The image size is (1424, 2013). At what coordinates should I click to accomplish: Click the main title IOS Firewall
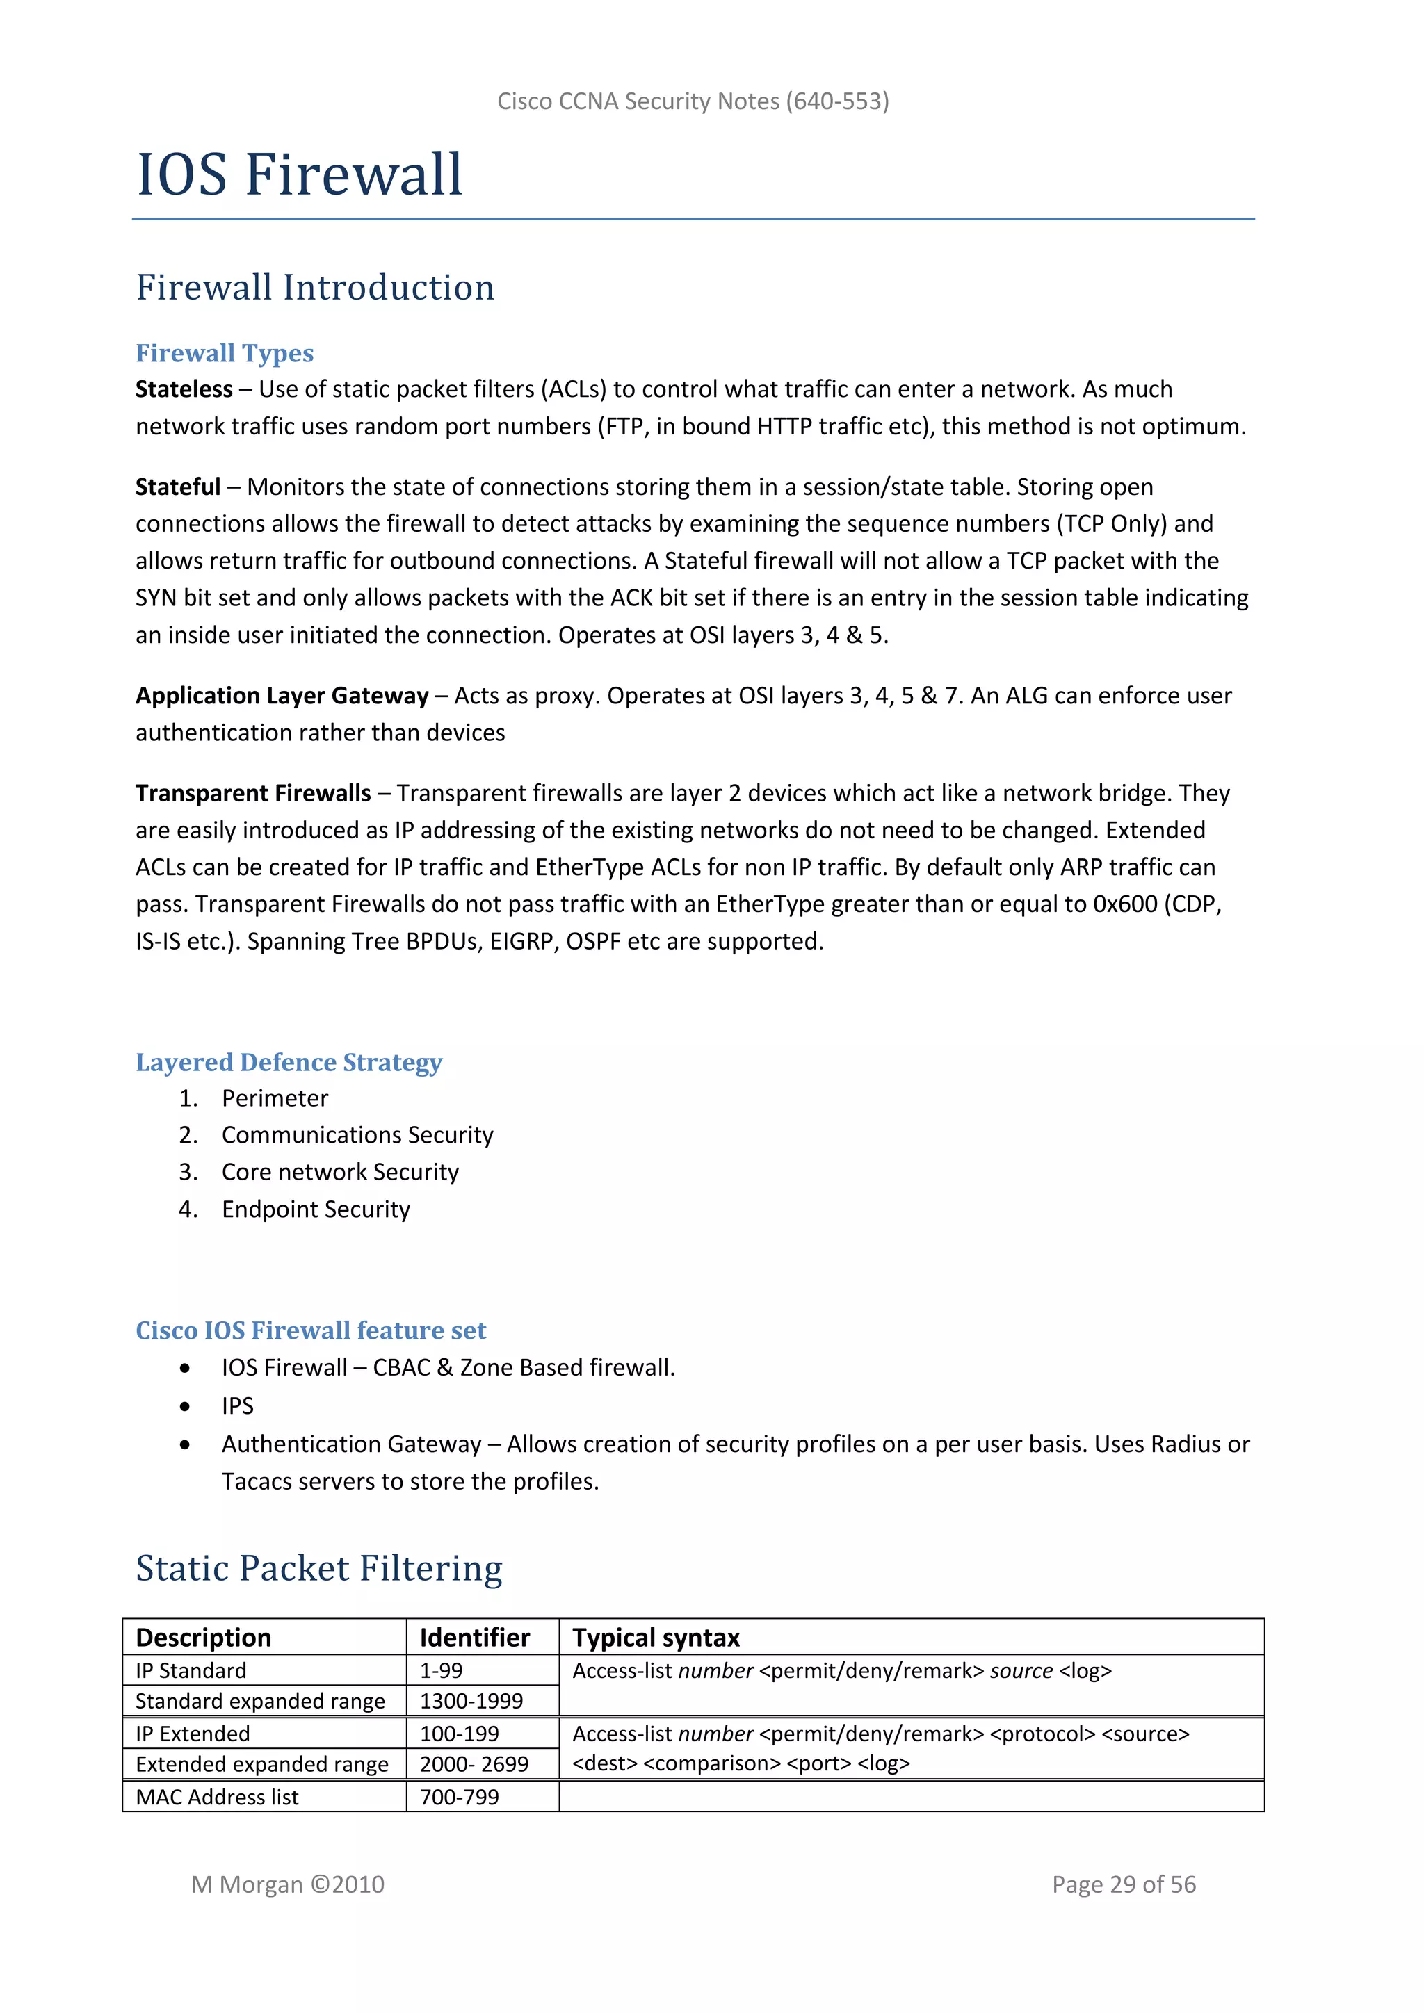(299, 174)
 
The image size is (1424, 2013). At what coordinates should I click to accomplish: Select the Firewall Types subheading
(225, 353)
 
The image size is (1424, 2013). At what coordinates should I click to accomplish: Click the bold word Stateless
(184, 389)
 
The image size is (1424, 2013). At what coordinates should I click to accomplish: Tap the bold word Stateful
(178, 487)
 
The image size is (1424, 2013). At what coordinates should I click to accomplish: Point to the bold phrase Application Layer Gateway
(282, 696)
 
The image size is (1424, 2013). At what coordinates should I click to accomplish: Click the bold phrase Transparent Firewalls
(252, 793)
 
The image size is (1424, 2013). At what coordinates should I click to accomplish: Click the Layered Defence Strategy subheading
(289, 1063)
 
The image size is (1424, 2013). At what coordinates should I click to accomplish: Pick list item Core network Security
(340, 1173)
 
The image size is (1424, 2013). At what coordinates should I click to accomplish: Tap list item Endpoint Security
(316, 1210)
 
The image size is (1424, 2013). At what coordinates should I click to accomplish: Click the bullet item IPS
(238, 1406)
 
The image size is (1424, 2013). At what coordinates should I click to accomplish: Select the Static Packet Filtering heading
(319, 1569)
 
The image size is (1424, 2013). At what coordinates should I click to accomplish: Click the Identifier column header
(474, 1638)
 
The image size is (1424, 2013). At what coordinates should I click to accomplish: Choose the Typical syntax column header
(656, 1638)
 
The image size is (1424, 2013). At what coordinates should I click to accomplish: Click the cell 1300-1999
(471, 1702)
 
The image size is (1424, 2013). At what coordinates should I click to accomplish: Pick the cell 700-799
(460, 1798)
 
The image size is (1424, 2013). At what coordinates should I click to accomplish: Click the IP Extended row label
(193, 1734)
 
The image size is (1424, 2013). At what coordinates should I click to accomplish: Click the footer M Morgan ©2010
(288, 1885)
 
